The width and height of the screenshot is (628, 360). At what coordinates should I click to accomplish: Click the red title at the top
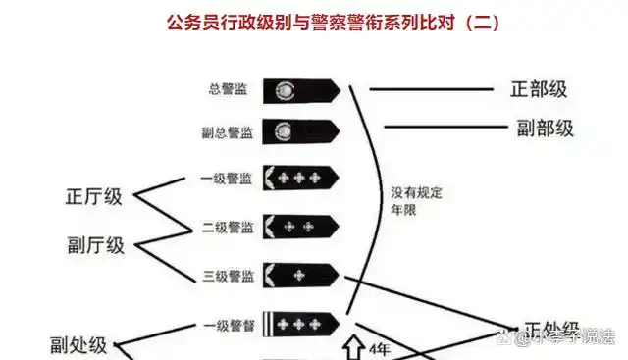tap(334, 23)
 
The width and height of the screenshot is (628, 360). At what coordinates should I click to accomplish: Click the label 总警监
tap(229, 90)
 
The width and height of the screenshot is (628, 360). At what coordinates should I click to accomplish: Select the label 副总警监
tap(226, 132)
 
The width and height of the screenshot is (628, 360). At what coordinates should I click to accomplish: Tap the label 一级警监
tap(226, 179)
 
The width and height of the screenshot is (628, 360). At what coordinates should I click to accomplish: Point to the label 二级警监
tap(226, 228)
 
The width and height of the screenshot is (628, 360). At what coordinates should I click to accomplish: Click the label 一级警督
tap(228, 325)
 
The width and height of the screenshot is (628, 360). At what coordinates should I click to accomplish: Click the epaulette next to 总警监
tap(300, 90)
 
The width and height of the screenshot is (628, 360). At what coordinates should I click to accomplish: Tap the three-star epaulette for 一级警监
tap(300, 179)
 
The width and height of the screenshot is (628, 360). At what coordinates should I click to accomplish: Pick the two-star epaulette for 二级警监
tap(300, 227)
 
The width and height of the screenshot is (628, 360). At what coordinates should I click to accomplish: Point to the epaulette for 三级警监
tap(300, 275)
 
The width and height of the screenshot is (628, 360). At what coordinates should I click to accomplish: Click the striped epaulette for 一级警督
tap(300, 324)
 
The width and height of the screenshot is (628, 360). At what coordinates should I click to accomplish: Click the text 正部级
tap(539, 88)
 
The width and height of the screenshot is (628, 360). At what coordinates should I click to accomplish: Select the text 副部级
tap(545, 128)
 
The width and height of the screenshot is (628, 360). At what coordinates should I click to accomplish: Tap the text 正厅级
tap(94, 196)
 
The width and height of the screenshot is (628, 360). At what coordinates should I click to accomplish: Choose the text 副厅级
tap(96, 245)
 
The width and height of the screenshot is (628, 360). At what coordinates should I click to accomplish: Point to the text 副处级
tap(79, 344)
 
